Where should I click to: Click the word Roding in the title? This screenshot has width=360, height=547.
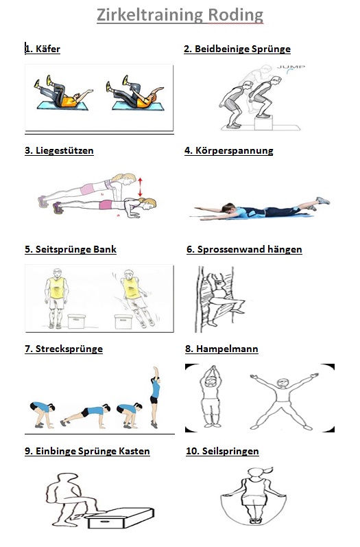[236, 15]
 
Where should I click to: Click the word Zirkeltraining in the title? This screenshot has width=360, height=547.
[150, 15]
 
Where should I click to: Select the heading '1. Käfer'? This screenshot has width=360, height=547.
[43, 49]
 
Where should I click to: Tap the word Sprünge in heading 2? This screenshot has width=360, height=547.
[271, 49]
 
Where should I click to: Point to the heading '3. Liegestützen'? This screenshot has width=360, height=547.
[59, 151]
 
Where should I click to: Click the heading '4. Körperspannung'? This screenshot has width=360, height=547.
[228, 151]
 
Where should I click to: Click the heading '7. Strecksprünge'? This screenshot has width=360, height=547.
[64, 349]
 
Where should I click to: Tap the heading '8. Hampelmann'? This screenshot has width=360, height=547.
[221, 349]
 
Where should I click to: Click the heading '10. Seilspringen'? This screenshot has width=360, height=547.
[222, 451]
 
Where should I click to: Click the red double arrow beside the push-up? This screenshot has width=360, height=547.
[140, 187]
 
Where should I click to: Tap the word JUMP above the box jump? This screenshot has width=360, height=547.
[291, 67]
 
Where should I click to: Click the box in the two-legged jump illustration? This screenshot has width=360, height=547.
[263, 123]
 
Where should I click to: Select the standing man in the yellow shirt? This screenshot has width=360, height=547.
[56, 299]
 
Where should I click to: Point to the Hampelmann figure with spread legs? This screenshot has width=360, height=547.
[283, 401]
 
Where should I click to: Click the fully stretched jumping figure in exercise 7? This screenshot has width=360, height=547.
[154, 397]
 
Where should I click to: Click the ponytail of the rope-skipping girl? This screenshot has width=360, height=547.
[268, 471]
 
